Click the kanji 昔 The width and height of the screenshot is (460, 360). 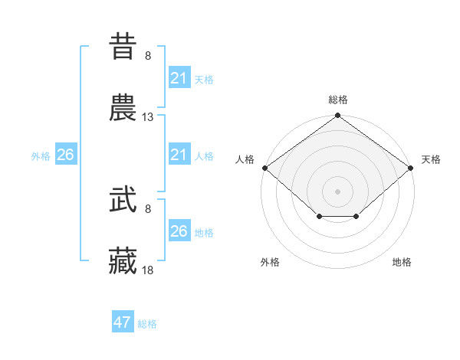point(123,47)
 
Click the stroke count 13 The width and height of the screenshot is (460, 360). point(148,117)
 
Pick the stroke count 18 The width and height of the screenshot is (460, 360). point(148,270)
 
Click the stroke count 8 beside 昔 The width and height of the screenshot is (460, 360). point(148,56)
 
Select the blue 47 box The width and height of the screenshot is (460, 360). point(123,322)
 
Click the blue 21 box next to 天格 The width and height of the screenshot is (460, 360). point(179,78)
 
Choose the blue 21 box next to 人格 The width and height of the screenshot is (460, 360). point(179,155)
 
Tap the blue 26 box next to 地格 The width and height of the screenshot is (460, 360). point(179,231)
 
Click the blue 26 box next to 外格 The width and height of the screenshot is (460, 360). point(65,155)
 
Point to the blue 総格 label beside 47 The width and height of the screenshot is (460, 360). point(147,324)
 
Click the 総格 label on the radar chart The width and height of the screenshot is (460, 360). point(337,100)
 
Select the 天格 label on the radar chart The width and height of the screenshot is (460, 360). point(431,159)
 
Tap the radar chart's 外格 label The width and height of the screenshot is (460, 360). point(270,262)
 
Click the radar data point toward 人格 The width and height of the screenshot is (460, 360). point(264,168)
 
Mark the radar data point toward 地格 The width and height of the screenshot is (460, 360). point(356,217)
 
